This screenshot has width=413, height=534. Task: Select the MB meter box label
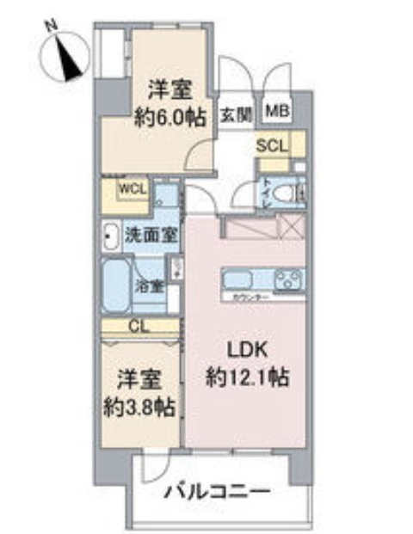(277, 110)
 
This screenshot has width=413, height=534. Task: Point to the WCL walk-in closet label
(133, 187)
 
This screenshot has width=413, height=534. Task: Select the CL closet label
(138, 326)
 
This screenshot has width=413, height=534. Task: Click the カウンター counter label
(250, 297)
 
